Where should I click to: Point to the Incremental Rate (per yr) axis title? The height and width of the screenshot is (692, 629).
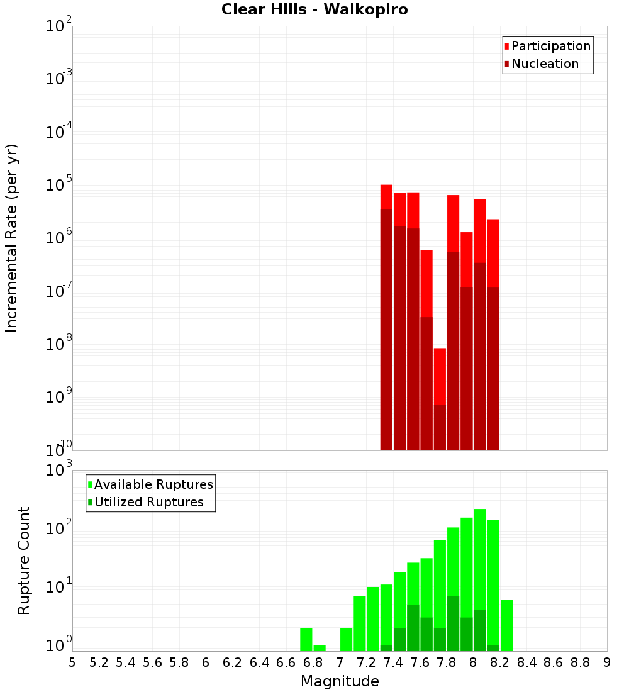(12, 238)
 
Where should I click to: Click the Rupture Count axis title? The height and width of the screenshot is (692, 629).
(24, 561)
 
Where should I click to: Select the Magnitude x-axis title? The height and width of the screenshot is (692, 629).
(340, 681)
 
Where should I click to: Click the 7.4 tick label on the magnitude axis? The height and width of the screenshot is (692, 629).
(393, 662)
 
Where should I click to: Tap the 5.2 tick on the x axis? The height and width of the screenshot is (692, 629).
(99, 662)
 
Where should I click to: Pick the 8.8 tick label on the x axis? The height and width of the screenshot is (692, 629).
(580, 662)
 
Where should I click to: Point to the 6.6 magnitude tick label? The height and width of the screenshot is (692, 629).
(286, 662)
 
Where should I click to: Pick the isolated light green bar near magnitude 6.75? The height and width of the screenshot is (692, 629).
(306, 639)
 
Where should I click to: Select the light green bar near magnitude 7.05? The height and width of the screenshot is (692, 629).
(347, 639)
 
